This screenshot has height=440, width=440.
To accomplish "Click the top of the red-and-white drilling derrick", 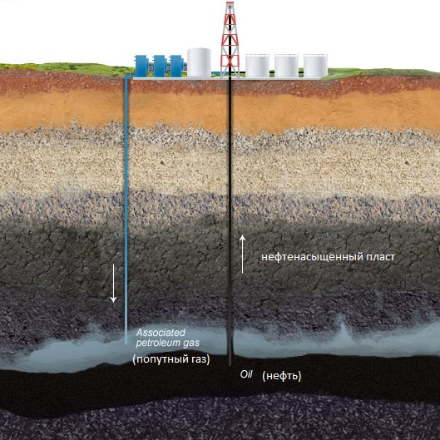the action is [x=230, y=2].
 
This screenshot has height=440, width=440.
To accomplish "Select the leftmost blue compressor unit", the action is [x=141, y=66].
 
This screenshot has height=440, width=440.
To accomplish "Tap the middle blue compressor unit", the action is [x=160, y=66].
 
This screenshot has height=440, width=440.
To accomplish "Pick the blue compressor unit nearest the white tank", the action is [x=177, y=66].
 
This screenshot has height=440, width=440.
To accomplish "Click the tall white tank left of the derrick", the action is [x=199, y=63].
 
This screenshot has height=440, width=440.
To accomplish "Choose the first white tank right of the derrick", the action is [x=257, y=66].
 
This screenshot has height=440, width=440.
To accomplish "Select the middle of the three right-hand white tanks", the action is [x=286, y=66].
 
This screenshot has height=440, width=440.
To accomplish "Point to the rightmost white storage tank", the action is [x=315, y=66].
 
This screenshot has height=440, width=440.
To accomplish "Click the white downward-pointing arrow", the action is [x=113, y=284].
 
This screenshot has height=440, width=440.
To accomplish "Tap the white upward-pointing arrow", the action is [x=242, y=255].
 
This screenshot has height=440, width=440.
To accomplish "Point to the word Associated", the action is [x=161, y=333].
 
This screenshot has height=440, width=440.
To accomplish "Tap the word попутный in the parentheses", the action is [x=159, y=359].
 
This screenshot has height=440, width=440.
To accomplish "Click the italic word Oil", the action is [x=246, y=374].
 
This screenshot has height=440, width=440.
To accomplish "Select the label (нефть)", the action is [x=282, y=376].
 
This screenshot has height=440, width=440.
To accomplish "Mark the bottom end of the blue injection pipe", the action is [x=126, y=344].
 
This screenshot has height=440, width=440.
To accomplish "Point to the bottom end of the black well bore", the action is [x=230, y=364].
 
